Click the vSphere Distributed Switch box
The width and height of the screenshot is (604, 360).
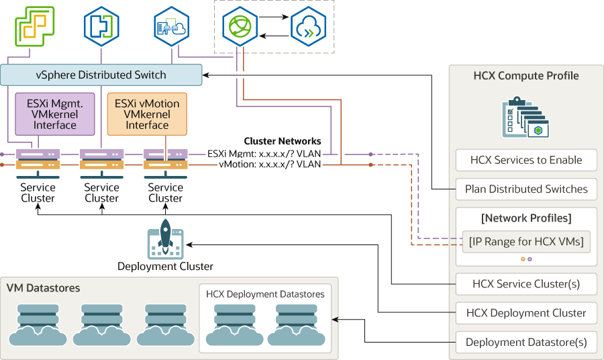(x=101, y=75)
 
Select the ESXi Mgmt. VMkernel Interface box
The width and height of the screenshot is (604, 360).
(x=55, y=114)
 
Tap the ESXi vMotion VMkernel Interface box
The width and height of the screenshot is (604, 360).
(x=147, y=114)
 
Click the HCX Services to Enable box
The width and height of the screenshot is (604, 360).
(x=525, y=161)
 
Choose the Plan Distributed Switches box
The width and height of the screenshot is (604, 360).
(x=525, y=189)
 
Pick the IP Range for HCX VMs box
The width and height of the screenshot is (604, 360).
(x=526, y=241)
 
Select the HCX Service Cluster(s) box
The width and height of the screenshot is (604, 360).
(x=525, y=283)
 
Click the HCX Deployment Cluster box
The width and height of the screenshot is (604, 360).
(x=525, y=312)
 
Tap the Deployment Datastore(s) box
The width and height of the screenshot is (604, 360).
(x=525, y=342)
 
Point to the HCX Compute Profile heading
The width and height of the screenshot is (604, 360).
(x=526, y=76)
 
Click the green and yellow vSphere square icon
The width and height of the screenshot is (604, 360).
(x=34, y=26)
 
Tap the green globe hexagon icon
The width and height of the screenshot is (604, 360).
(x=239, y=28)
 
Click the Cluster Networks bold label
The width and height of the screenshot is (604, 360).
(x=282, y=141)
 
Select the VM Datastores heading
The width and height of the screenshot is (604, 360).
(x=43, y=288)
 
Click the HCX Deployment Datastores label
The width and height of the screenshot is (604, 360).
(x=265, y=294)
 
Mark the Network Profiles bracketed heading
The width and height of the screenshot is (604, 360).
(x=526, y=218)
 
